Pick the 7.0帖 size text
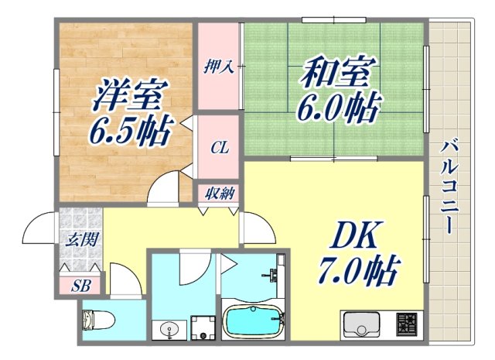(357, 270)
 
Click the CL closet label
(219, 148)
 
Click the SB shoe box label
(80, 286)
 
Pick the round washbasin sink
(170, 330)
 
